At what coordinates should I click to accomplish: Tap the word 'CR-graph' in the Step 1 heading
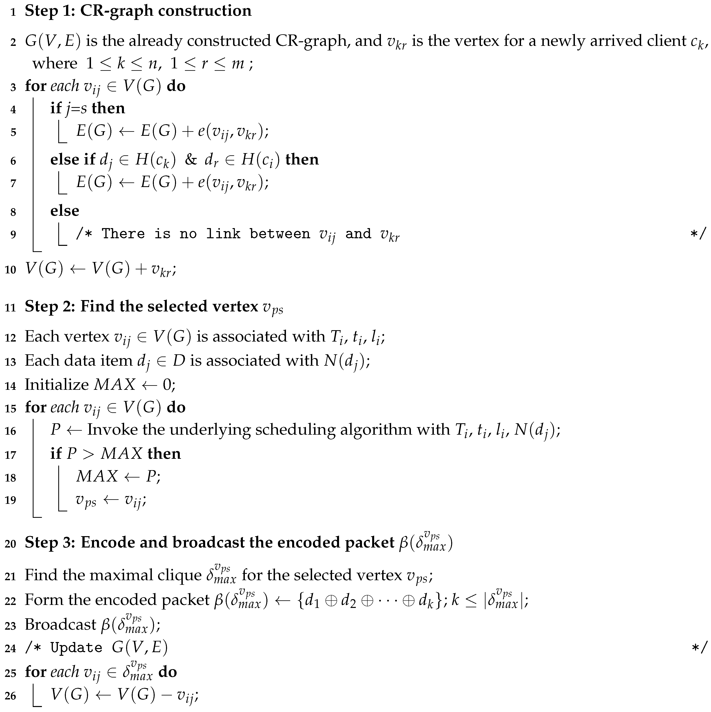tap(116, 11)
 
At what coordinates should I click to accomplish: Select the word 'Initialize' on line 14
tap(56, 384)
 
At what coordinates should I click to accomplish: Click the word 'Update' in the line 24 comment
tap(76, 648)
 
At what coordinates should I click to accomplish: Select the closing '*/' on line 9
tap(698, 234)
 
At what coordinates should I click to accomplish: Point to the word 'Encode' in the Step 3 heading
tap(107, 543)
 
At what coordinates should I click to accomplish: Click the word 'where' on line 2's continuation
tap(55, 63)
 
